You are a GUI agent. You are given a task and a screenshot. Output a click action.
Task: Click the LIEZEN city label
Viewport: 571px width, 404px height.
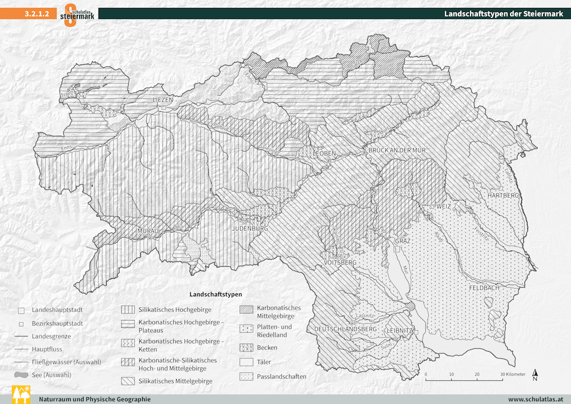pyautogui.click(x=163, y=100)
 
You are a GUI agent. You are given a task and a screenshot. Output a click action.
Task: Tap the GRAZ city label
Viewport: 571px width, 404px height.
pyautogui.click(x=403, y=241)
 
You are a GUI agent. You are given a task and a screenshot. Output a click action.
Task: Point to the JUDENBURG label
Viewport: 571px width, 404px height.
pyautogui.click(x=250, y=229)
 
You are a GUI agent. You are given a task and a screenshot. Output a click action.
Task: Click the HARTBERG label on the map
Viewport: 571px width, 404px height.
pyautogui.click(x=503, y=195)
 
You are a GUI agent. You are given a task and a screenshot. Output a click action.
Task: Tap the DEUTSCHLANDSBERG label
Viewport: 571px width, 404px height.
pyautogui.click(x=345, y=329)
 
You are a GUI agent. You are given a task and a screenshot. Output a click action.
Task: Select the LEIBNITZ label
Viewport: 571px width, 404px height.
pyautogui.click(x=400, y=330)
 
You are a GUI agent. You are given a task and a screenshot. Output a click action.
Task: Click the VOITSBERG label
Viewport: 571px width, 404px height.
pyautogui.click(x=340, y=263)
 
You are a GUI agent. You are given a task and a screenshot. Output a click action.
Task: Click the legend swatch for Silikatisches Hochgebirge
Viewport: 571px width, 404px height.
pyautogui.click(x=129, y=310)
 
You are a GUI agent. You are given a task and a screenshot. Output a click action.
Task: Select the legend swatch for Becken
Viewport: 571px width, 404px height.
pyautogui.click(x=245, y=347)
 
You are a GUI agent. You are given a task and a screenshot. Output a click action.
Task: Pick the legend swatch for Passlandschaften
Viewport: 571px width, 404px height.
pyautogui.click(x=245, y=376)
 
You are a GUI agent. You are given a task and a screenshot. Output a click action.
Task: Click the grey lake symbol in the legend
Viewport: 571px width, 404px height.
pyautogui.click(x=21, y=375)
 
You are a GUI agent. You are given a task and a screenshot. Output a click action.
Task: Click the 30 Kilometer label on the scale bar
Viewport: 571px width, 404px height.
pyautogui.click(x=512, y=374)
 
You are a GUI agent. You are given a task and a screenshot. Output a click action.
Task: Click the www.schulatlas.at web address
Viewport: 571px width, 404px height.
pyautogui.click(x=536, y=399)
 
